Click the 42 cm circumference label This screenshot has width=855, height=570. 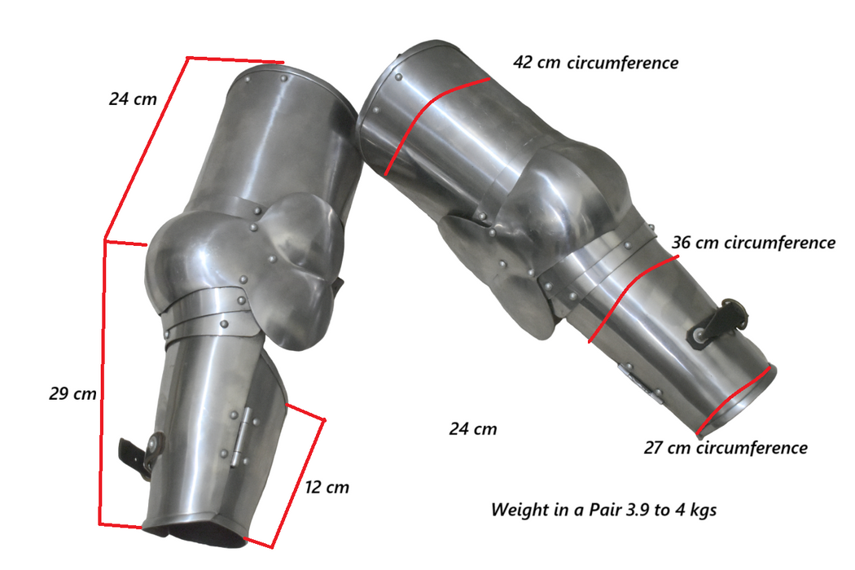(x=595, y=63)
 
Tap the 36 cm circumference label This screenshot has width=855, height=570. (x=753, y=243)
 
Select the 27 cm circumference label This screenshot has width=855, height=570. (x=726, y=448)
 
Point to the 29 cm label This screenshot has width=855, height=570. (x=72, y=394)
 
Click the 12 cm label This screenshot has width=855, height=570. (x=327, y=487)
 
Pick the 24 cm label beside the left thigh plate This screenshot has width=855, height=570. (x=133, y=99)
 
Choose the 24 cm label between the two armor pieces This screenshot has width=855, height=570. (x=473, y=429)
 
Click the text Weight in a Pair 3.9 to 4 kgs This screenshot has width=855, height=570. (x=603, y=510)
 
